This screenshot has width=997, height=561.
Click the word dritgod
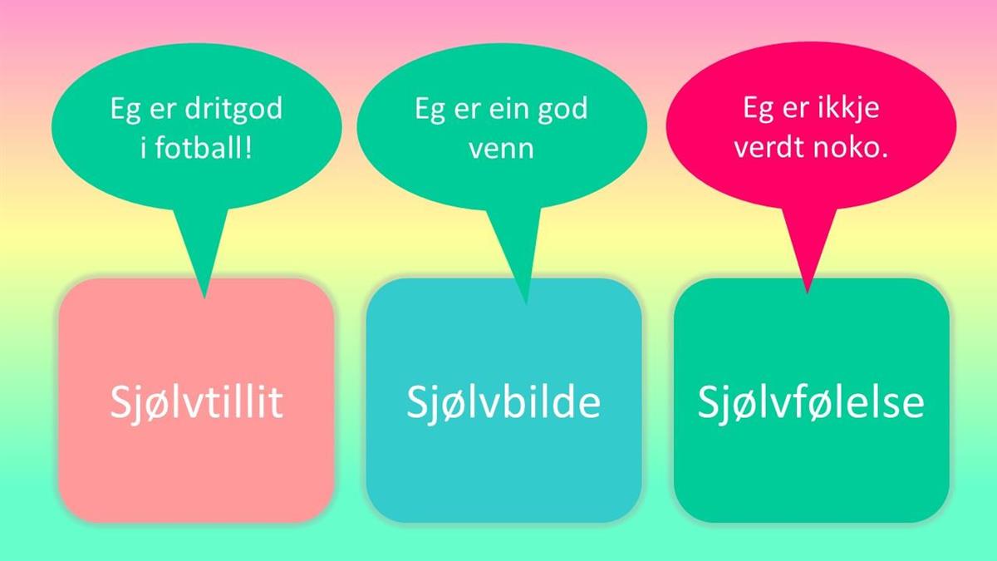233,109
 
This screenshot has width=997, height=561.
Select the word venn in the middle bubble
501,149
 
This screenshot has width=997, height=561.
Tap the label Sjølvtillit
196,403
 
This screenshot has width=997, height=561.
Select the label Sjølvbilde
503,403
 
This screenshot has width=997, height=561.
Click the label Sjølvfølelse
811,403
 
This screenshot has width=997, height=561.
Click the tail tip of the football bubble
204,298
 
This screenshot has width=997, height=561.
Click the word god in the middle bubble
562,109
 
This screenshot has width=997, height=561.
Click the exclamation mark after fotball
248,147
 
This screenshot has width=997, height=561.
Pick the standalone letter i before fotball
143,147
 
